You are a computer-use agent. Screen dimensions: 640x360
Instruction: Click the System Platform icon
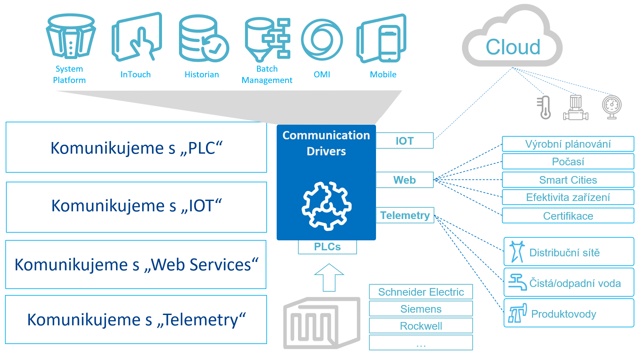[71, 36]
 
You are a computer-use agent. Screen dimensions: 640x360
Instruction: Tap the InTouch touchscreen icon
[137, 37]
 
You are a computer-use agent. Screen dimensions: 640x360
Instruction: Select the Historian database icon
[204, 38]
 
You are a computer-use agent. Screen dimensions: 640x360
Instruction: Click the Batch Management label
[267, 74]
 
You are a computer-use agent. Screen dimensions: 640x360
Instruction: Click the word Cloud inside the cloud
[513, 47]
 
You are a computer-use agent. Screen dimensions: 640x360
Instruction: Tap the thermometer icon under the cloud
[544, 107]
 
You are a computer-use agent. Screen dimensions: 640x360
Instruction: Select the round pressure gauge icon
[612, 107]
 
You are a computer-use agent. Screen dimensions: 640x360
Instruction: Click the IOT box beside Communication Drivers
[405, 141]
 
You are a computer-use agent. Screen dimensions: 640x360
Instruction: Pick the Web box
[405, 180]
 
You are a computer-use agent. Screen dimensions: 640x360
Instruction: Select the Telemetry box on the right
[405, 215]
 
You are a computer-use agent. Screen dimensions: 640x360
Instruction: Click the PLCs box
[327, 247]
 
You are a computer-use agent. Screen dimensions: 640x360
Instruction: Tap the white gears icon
[326, 206]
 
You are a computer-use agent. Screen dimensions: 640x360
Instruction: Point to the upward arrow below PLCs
[329, 277]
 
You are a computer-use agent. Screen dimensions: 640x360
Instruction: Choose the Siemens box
[421, 309]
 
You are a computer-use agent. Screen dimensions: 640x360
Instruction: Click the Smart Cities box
[568, 180]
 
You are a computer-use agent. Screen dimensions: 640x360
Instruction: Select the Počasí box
[568, 162]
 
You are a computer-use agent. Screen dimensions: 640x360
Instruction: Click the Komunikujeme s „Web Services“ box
[136, 265]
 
